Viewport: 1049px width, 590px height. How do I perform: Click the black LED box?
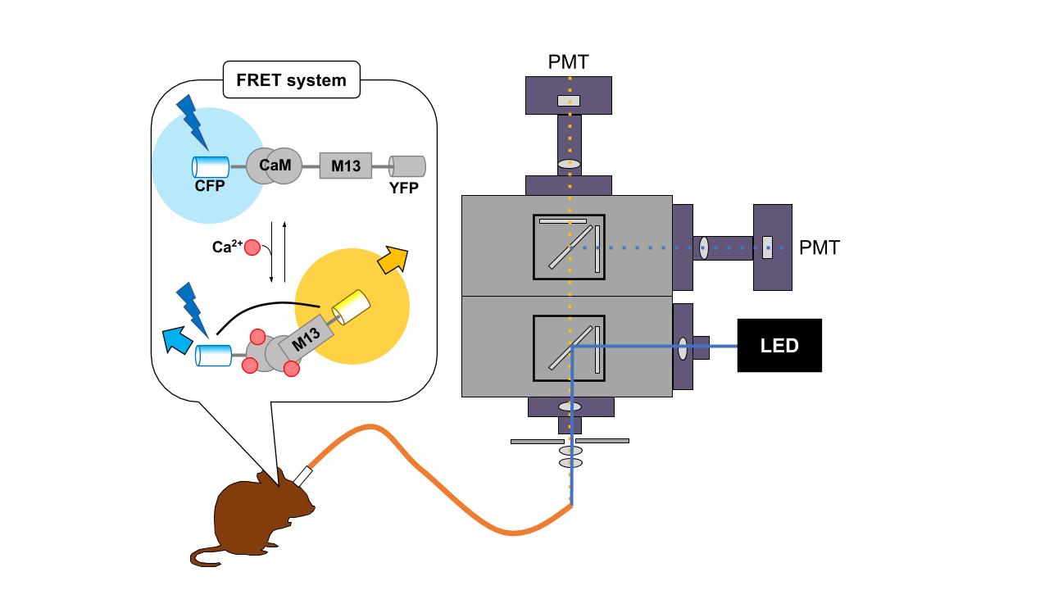click(x=779, y=345)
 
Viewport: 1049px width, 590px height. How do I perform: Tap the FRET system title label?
click(x=291, y=80)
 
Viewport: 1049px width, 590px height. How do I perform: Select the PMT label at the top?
click(x=568, y=61)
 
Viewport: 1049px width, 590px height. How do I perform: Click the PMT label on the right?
click(x=820, y=247)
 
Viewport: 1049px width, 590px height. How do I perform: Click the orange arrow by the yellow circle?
click(x=394, y=260)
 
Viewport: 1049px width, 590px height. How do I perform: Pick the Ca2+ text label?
click(x=226, y=247)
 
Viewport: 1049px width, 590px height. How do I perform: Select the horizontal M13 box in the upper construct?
click(x=345, y=166)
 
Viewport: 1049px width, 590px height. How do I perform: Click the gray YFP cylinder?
click(x=407, y=166)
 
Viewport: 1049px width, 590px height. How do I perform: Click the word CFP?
click(x=210, y=186)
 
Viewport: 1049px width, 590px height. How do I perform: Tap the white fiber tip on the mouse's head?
click(x=302, y=474)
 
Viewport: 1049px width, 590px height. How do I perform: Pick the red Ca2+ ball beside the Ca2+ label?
click(x=253, y=247)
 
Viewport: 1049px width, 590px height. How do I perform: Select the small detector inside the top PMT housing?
click(x=569, y=101)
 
